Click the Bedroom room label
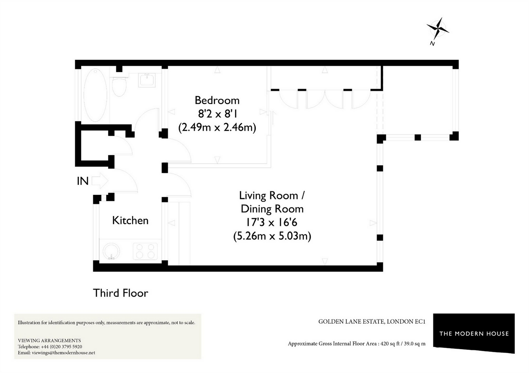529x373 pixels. [217, 100]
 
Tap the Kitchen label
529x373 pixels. [130, 220]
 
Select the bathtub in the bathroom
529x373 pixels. [95, 95]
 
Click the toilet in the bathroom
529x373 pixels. [119, 86]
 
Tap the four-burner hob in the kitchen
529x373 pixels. [145, 251]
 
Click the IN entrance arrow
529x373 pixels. [101, 181]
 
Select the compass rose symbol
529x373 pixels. [438, 28]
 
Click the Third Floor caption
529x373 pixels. [120, 293]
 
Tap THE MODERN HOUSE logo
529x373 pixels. [474, 333]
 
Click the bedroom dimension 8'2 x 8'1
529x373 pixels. [217, 114]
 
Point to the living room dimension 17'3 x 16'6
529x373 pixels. [272, 222]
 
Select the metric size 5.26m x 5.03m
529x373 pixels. [272, 236]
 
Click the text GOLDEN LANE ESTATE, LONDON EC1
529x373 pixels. [371, 322]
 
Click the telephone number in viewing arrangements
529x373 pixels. [62, 347]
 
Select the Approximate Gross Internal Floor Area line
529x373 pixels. [356, 344]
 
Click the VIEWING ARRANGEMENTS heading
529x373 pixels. [49, 341]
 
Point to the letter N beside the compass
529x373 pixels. [432, 43]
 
